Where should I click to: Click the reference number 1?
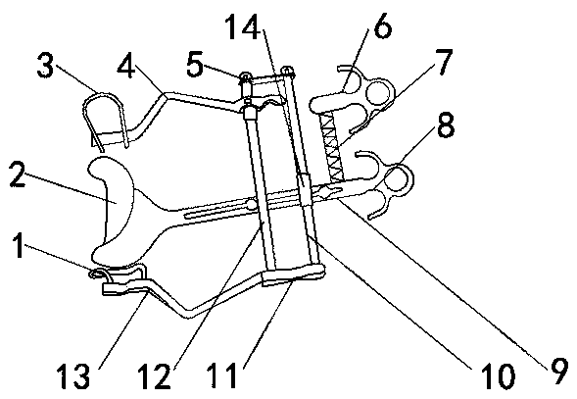(x=19, y=246)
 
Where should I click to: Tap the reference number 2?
(x=18, y=175)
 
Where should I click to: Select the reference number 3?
(x=45, y=66)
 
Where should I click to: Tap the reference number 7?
(x=444, y=61)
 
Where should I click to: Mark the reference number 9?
(x=559, y=371)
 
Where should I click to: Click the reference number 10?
(x=498, y=376)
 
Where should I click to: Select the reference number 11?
(x=221, y=375)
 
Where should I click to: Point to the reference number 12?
(x=154, y=375)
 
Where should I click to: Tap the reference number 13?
(x=72, y=375)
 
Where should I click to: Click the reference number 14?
(x=243, y=26)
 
